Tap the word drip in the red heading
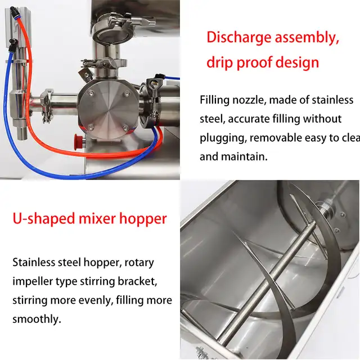point(218,61)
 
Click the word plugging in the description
point(223,138)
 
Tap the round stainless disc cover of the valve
point(109,106)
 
